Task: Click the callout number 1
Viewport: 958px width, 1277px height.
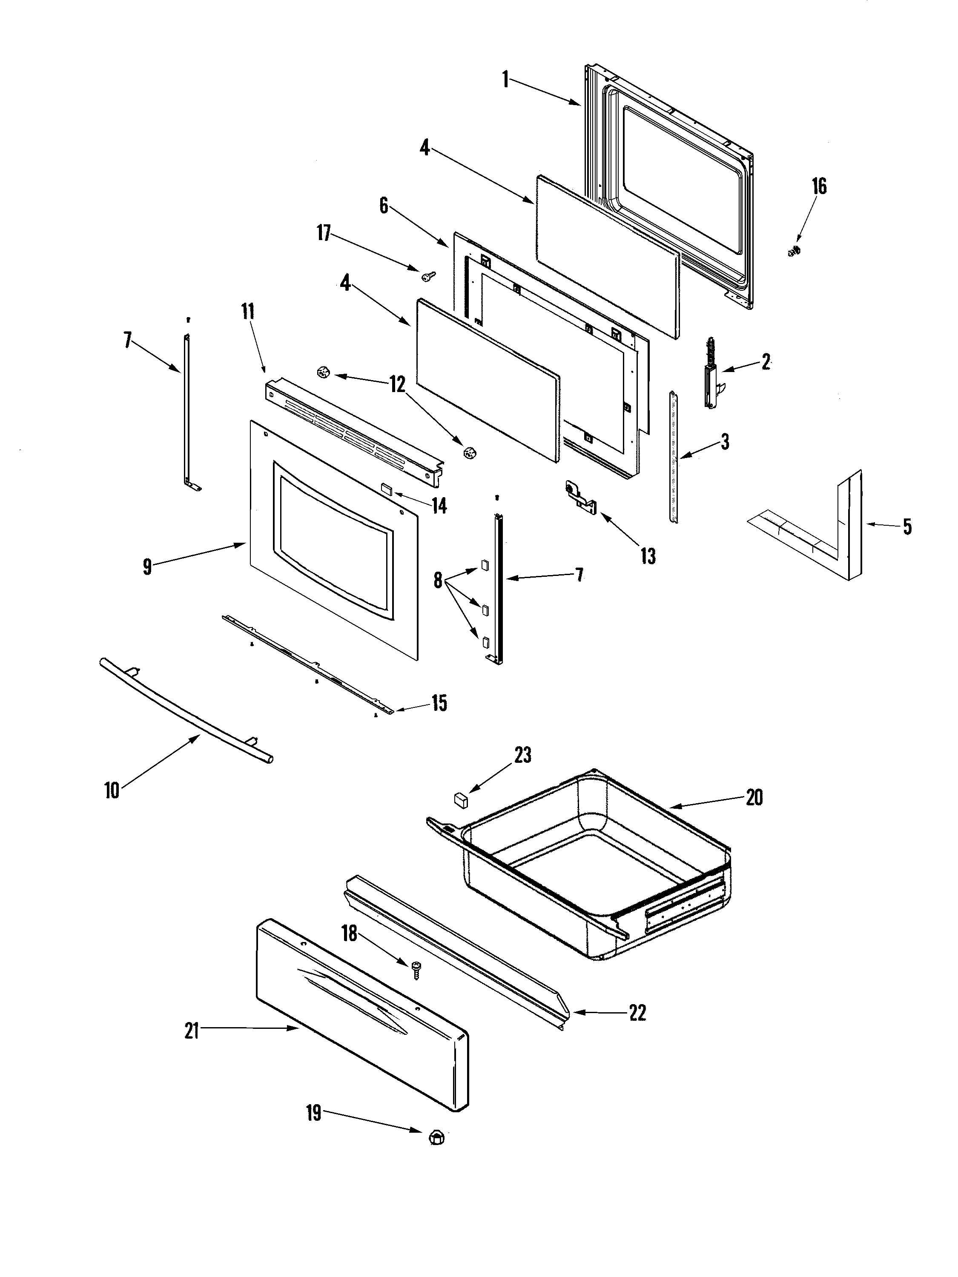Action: (505, 79)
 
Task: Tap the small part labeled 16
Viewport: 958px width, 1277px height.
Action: (794, 251)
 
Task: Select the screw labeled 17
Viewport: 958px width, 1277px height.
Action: (427, 277)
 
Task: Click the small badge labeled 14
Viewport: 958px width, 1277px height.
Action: (387, 489)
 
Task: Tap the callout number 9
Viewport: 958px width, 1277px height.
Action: (147, 567)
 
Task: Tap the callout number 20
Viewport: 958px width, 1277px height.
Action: (754, 798)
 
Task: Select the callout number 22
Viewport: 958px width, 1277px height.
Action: (637, 1013)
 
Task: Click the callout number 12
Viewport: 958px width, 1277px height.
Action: (397, 384)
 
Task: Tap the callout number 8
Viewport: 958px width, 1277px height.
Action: (438, 580)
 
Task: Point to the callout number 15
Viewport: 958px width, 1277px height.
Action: (439, 703)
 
